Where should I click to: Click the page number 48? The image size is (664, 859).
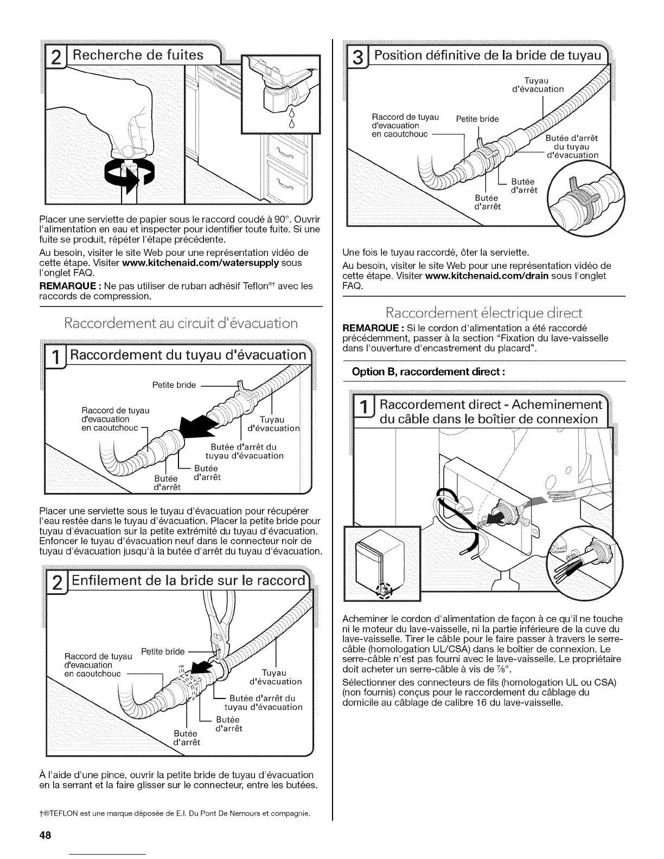pos(44,835)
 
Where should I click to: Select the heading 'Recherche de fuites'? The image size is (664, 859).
pos(138,55)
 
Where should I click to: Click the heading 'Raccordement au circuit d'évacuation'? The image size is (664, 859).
pos(181,324)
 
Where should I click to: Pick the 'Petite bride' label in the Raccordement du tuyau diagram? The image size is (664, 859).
pos(174,384)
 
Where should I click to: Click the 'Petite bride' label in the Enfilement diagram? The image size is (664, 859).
pos(163,651)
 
